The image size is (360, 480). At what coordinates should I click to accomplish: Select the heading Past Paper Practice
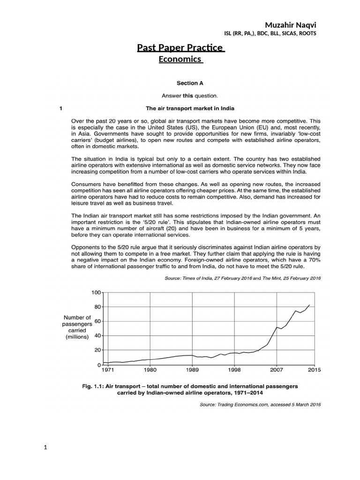180,48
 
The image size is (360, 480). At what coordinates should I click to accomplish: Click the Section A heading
189,83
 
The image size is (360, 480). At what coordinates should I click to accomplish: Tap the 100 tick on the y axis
96,292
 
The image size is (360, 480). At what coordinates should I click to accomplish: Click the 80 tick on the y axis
97,307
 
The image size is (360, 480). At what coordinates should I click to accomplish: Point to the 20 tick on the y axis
97,350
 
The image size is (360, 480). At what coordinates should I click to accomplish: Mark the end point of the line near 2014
309,305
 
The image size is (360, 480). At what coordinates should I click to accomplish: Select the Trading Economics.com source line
260,404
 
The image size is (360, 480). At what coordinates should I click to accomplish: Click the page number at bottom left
45,447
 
